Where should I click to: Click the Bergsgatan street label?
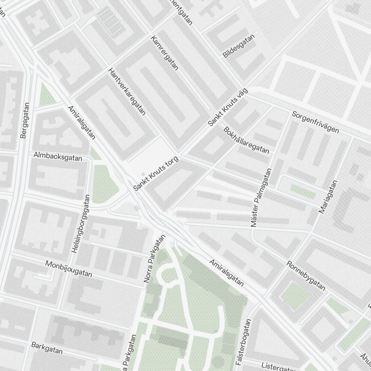point(24,121)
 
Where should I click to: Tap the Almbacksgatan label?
point(58,156)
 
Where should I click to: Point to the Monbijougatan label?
point(69,269)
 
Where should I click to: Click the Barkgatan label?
point(47,348)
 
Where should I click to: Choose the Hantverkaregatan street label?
point(127,91)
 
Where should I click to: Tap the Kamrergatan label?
point(165,53)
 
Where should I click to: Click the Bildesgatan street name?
point(239,46)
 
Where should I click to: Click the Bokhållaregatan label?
point(246,140)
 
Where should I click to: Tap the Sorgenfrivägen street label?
point(315,122)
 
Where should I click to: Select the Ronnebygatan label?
point(306,276)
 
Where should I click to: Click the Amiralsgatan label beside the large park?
point(226,273)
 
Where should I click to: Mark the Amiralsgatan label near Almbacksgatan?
point(81,122)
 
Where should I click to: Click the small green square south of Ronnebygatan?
point(295,296)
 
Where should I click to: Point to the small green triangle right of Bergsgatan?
point(47,95)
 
